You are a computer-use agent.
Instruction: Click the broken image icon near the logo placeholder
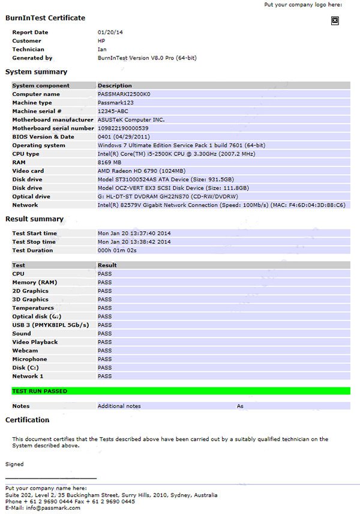335,20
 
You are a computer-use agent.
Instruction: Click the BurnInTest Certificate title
45,18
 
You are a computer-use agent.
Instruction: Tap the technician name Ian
102,49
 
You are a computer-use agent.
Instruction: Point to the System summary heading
36,72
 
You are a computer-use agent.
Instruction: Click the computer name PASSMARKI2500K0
124,94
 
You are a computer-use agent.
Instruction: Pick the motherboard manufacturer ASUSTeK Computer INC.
131,119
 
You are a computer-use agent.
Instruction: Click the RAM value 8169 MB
109,162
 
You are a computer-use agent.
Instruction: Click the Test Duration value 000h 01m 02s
118,250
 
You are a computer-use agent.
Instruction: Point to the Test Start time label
35,233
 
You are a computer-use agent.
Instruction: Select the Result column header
107,265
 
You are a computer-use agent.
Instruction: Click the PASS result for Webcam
105,351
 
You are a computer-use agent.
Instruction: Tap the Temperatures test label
33,308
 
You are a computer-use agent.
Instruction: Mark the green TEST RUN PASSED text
40,391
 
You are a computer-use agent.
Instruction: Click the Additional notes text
119,406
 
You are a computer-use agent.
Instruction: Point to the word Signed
14,464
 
